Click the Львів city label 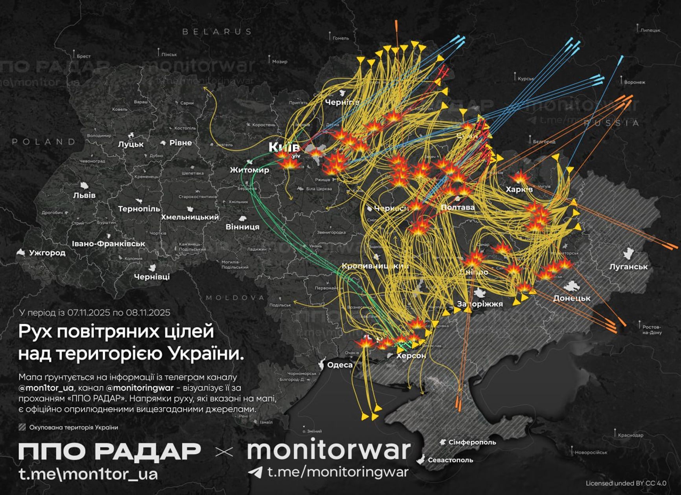(x=84, y=195)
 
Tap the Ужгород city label (x=47, y=253)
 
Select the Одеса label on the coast (x=340, y=365)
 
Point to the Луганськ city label (x=628, y=267)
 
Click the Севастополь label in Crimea (x=450, y=460)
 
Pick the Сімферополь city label (x=472, y=442)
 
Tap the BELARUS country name (x=217, y=32)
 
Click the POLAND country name (x=44, y=142)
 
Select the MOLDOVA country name (x=235, y=298)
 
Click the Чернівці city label (x=152, y=277)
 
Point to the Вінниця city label (x=242, y=227)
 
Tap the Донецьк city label (x=571, y=298)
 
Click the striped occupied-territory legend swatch (x=22, y=427)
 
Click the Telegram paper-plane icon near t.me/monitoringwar (x=256, y=472)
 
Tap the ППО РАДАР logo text (x=110, y=451)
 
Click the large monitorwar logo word (x=329, y=450)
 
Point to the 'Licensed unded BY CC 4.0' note (x=626, y=483)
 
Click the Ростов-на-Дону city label (x=652, y=330)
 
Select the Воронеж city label (x=635, y=82)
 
